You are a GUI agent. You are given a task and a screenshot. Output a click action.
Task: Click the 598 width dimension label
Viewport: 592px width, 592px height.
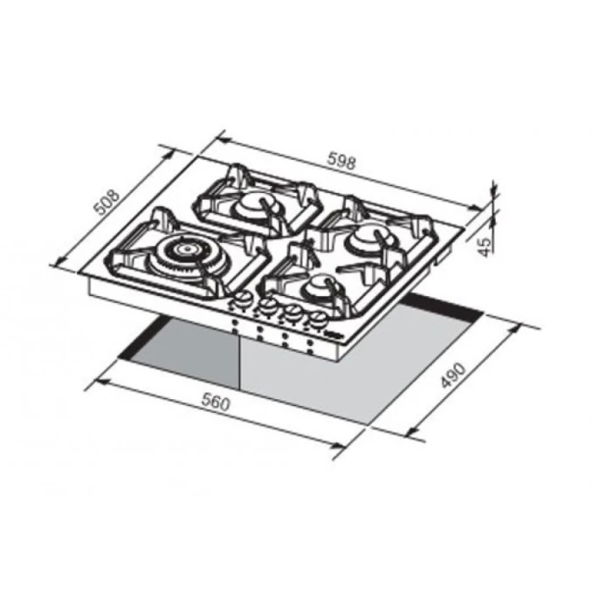(x=341, y=161)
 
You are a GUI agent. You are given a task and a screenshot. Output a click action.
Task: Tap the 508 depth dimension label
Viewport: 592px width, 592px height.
(x=107, y=203)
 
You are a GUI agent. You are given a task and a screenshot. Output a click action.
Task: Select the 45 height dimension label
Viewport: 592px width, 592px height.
(x=485, y=247)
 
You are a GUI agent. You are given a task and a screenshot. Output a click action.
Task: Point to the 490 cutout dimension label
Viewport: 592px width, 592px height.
(x=454, y=375)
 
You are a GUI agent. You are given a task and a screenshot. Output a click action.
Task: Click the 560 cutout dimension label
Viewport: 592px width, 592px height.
(x=216, y=402)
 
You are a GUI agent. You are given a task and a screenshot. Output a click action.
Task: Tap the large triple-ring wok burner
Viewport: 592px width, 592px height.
(x=188, y=254)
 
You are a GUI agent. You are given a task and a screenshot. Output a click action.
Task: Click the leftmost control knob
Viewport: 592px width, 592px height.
(x=242, y=300)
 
